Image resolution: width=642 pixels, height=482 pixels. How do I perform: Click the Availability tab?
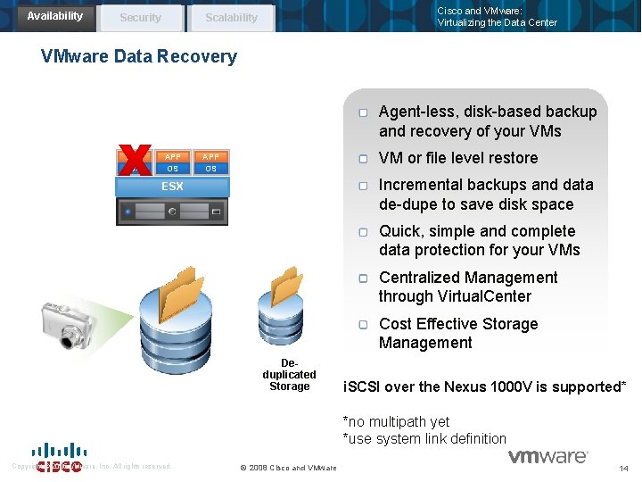coord(54,16)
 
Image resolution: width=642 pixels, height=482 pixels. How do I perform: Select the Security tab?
coord(140,18)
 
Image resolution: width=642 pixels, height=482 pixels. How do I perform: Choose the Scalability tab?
coord(231,18)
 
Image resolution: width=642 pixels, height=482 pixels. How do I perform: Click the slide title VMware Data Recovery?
coord(139,57)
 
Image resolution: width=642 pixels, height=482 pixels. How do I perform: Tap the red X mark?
coord(136,161)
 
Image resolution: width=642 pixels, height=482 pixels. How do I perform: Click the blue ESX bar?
coord(172,187)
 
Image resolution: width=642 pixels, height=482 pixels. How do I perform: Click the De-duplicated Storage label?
coord(289,375)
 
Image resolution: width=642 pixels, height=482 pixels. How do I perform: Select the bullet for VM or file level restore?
coord(364,159)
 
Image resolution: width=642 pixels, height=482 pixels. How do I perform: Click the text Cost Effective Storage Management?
coord(458,333)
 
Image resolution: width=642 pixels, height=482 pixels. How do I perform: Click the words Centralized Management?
coord(468,278)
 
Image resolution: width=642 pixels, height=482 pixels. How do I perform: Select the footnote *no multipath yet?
coord(396,421)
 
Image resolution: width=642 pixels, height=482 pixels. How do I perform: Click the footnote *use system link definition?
coord(424,438)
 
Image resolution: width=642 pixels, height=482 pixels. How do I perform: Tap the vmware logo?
coord(547,456)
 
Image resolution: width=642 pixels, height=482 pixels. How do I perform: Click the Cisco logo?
coord(58,458)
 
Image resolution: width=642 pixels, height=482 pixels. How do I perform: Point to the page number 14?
coord(622,468)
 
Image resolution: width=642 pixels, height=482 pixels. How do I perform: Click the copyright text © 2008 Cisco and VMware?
coord(289,468)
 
